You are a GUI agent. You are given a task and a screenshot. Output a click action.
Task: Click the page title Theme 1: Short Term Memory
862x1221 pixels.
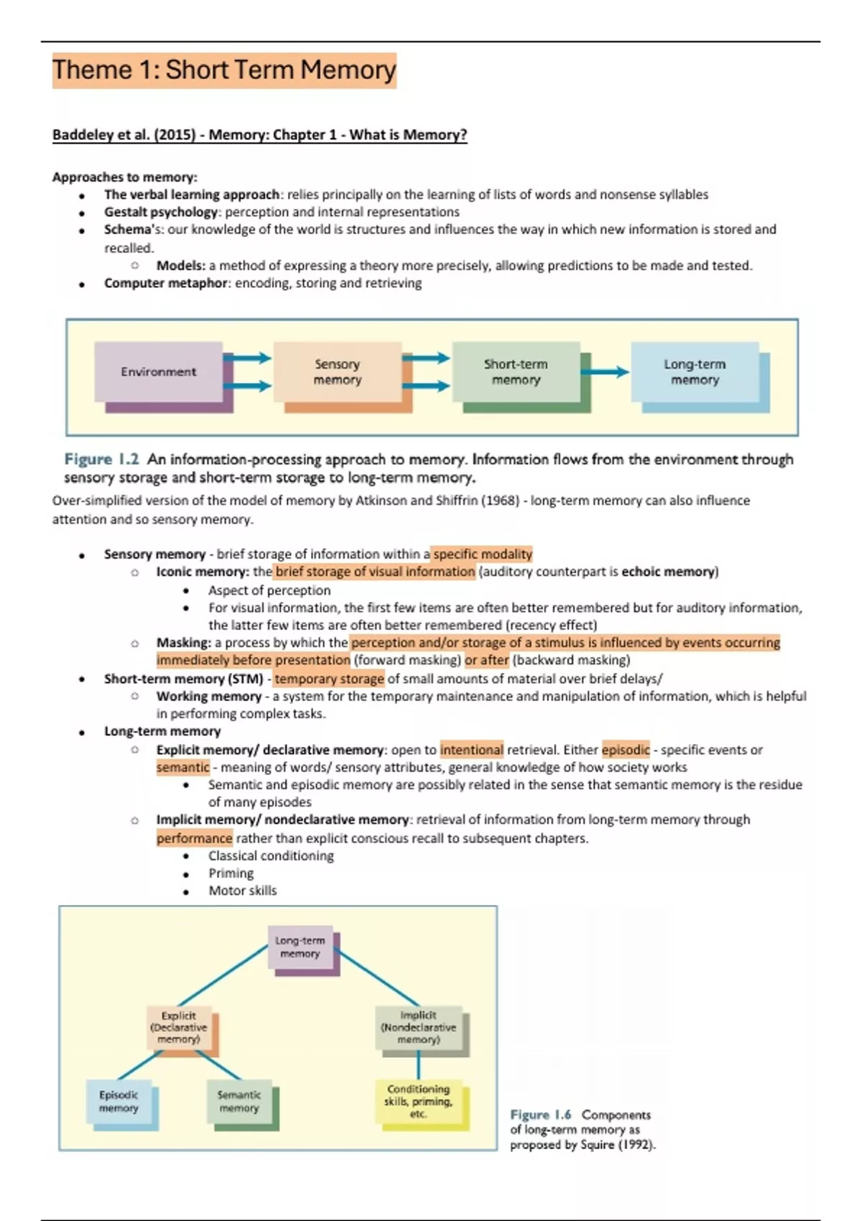pyautogui.click(x=223, y=70)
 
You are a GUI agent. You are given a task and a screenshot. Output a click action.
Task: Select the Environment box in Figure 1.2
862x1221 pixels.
pyautogui.click(x=159, y=372)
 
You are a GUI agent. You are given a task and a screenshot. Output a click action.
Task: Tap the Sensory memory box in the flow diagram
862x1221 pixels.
pyautogui.click(x=337, y=372)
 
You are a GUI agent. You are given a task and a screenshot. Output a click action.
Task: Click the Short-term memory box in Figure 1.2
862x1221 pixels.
pyautogui.click(x=516, y=372)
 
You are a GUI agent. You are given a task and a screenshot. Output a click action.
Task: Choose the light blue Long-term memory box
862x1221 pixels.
pyautogui.click(x=695, y=372)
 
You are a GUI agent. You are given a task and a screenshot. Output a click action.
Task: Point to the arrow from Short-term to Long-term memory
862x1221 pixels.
pyautogui.click(x=605, y=371)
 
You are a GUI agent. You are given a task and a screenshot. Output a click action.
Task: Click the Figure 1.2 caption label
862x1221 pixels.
pyautogui.click(x=101, y=459)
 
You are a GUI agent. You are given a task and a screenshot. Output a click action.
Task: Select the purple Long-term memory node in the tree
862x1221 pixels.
pyautogui.click(x=300, y=947)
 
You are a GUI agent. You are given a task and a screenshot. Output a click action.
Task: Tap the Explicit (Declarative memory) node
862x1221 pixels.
pyautogui.click(x=179, y=1028)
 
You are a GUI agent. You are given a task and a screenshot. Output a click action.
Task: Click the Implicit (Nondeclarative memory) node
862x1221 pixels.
pyautogui.click(x=419, y=1028)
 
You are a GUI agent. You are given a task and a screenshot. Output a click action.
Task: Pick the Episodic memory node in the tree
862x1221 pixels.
pyautogui.click(x=119, y=1102)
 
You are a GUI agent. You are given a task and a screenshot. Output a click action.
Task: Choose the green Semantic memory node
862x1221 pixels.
pyautogui.click(x=239, y=1102)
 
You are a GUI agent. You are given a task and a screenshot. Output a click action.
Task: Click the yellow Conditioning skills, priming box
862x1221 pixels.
pyautogui.click(x=419, y=1102)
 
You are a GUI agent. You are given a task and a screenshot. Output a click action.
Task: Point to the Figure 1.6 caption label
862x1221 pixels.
pyautogui.click(x=540, y=1115)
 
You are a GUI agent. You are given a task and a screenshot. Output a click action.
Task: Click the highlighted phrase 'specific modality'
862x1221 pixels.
pyautogui.click(x=482, y=554)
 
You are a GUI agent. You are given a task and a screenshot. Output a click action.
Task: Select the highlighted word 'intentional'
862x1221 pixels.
pyautogui.click(x=471, y=750)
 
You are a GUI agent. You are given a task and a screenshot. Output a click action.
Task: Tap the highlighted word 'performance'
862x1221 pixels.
pyautogui.click(x=194, y=838)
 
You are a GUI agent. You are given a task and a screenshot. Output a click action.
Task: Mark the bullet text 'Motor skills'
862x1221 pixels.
pyautogui.click(x=242, y=891)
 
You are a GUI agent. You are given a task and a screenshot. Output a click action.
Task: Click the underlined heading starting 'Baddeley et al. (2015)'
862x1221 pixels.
pyautogui.click(x=259, y=135)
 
